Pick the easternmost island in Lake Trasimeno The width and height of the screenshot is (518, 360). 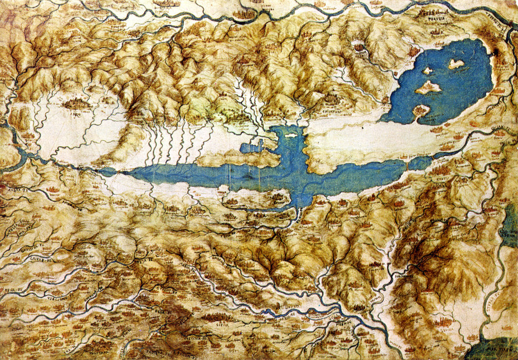(456, 64)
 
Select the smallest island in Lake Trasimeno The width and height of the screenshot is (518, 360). (428, 71)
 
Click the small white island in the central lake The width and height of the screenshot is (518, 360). (290, 135)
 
